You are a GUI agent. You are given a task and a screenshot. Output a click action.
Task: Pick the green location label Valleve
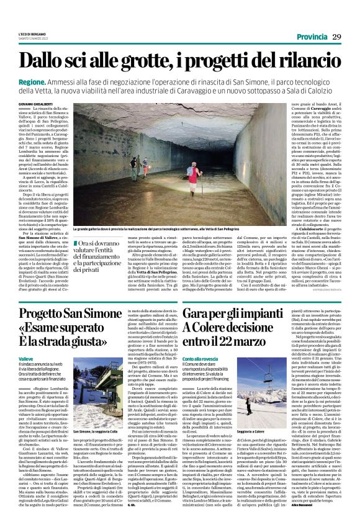pos(27,359)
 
